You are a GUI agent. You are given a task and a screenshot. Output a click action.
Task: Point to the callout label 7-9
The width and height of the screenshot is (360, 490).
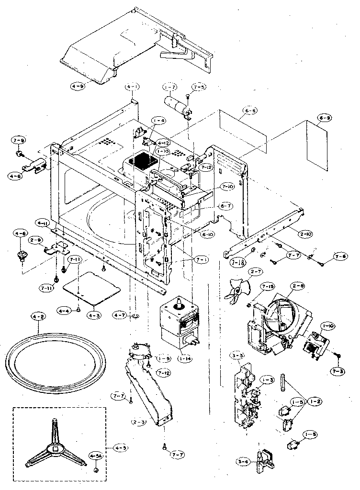point(19,140)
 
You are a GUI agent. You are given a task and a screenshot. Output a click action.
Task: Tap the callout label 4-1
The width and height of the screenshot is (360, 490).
point(133,87)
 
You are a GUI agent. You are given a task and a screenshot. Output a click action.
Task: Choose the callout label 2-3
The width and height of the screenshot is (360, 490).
point(139,422)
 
